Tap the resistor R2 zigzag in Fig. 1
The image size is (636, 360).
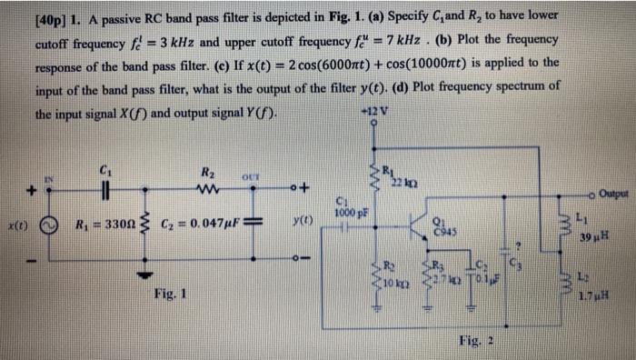[209, 189]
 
